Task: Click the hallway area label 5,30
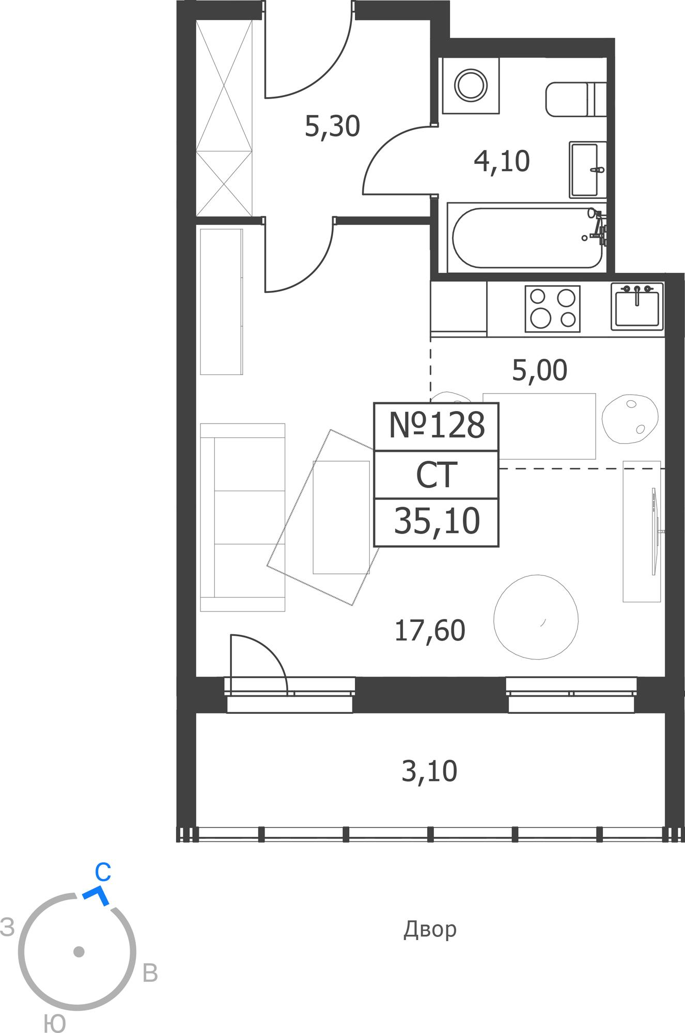332,127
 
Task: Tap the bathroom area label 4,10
502,161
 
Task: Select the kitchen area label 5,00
539,370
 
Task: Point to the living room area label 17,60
429,631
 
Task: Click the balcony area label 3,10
429,772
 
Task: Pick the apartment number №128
437,426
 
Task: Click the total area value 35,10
437,521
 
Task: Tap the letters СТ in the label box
437,475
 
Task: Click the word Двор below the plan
430,930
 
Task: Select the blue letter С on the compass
103,872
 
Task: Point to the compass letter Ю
54,1023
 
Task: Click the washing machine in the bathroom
470,85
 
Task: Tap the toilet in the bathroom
576,99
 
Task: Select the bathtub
527,238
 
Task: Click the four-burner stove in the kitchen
553,309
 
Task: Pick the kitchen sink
637,306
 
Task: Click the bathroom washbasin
588,170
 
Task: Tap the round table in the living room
536,617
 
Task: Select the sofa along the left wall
242,518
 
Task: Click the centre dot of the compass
79,951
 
